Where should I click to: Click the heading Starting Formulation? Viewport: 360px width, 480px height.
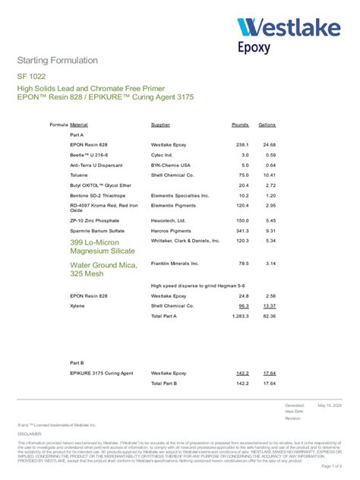tap(57, 60)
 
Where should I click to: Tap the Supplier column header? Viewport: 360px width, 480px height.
tap(160, 124)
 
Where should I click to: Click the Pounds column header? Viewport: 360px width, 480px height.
tap(240, 124)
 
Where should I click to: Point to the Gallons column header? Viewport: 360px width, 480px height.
tap(267, 124)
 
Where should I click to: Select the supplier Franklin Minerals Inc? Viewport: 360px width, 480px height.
tap(175, 263)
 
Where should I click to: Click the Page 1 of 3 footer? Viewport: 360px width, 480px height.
tap(332, 466)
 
